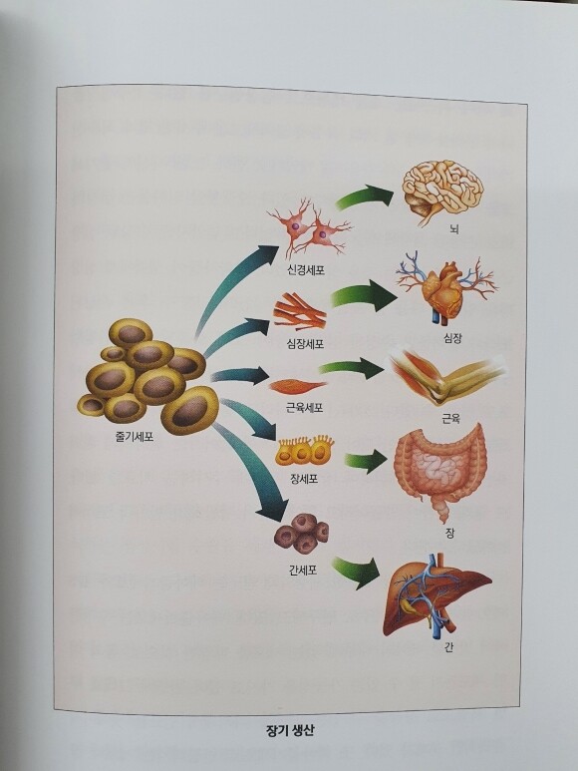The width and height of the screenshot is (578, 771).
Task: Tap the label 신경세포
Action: point(306,269)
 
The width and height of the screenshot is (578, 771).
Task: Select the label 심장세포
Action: point(305,344)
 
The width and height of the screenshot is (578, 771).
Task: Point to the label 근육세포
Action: point(305,408)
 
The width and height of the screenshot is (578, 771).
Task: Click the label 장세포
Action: point(305,478)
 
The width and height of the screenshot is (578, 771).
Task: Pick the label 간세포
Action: point(303,570)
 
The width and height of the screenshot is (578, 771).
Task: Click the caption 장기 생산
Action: point(289,730)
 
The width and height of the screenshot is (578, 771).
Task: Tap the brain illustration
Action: point(442,191)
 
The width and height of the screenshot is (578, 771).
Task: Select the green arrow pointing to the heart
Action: point(365,296)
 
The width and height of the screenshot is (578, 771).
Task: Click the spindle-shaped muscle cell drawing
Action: point(298,386)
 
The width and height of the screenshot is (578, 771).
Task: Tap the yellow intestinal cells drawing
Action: point(305,451)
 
